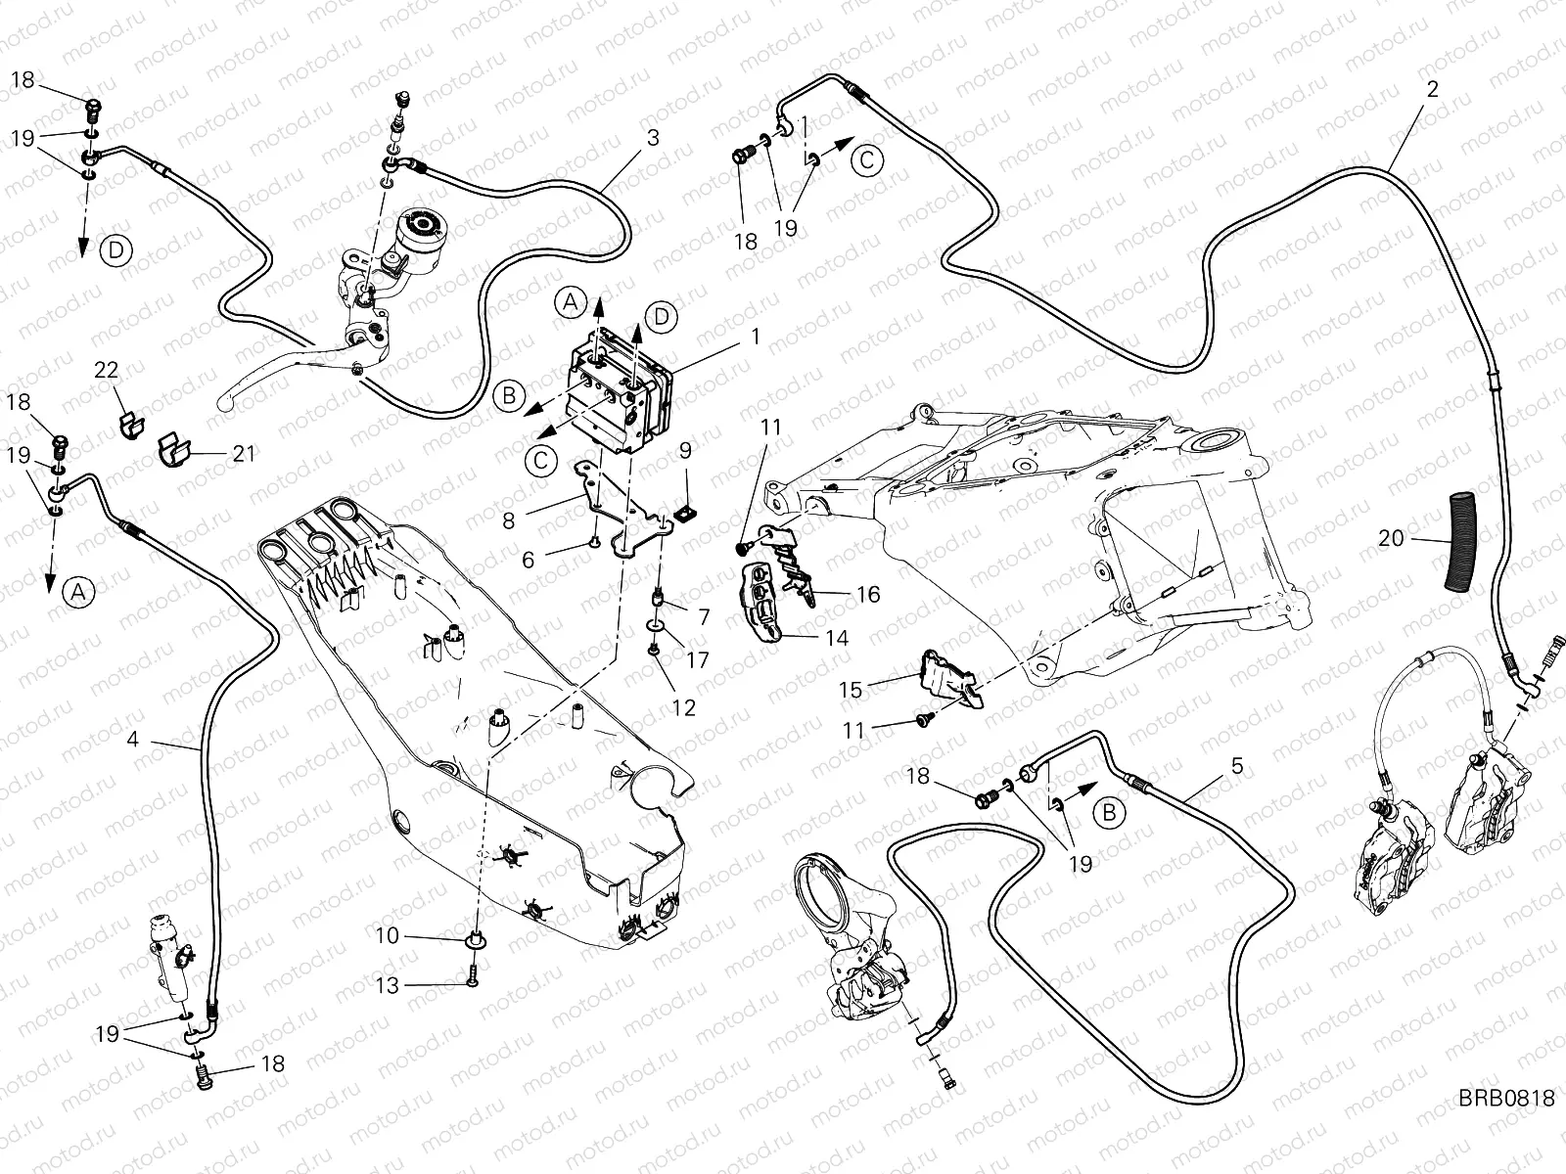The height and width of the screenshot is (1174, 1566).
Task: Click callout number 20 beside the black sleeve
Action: click(1390, 539)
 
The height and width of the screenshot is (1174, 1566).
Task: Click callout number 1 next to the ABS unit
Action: click(756, 336)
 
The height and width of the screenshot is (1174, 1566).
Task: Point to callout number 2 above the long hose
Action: click(1432, 89)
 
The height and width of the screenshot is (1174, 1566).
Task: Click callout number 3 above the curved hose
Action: click(652, 138)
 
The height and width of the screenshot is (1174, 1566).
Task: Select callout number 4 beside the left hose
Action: click(133, 740)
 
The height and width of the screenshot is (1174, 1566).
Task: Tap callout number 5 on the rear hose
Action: click(1237, 766)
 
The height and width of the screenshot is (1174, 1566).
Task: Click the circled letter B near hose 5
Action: click(1109, 812)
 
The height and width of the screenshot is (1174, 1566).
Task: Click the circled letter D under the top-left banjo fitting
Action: click(115, 250)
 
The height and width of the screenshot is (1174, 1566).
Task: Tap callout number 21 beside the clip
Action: click(244, 453)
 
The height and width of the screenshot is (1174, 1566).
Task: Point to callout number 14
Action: click(837, 638)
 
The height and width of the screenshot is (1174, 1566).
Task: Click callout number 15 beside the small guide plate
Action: click(851, 690)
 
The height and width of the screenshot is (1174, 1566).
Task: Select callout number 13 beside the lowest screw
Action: click(388, 986)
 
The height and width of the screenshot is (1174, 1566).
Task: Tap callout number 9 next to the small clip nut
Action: click(685, 450)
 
